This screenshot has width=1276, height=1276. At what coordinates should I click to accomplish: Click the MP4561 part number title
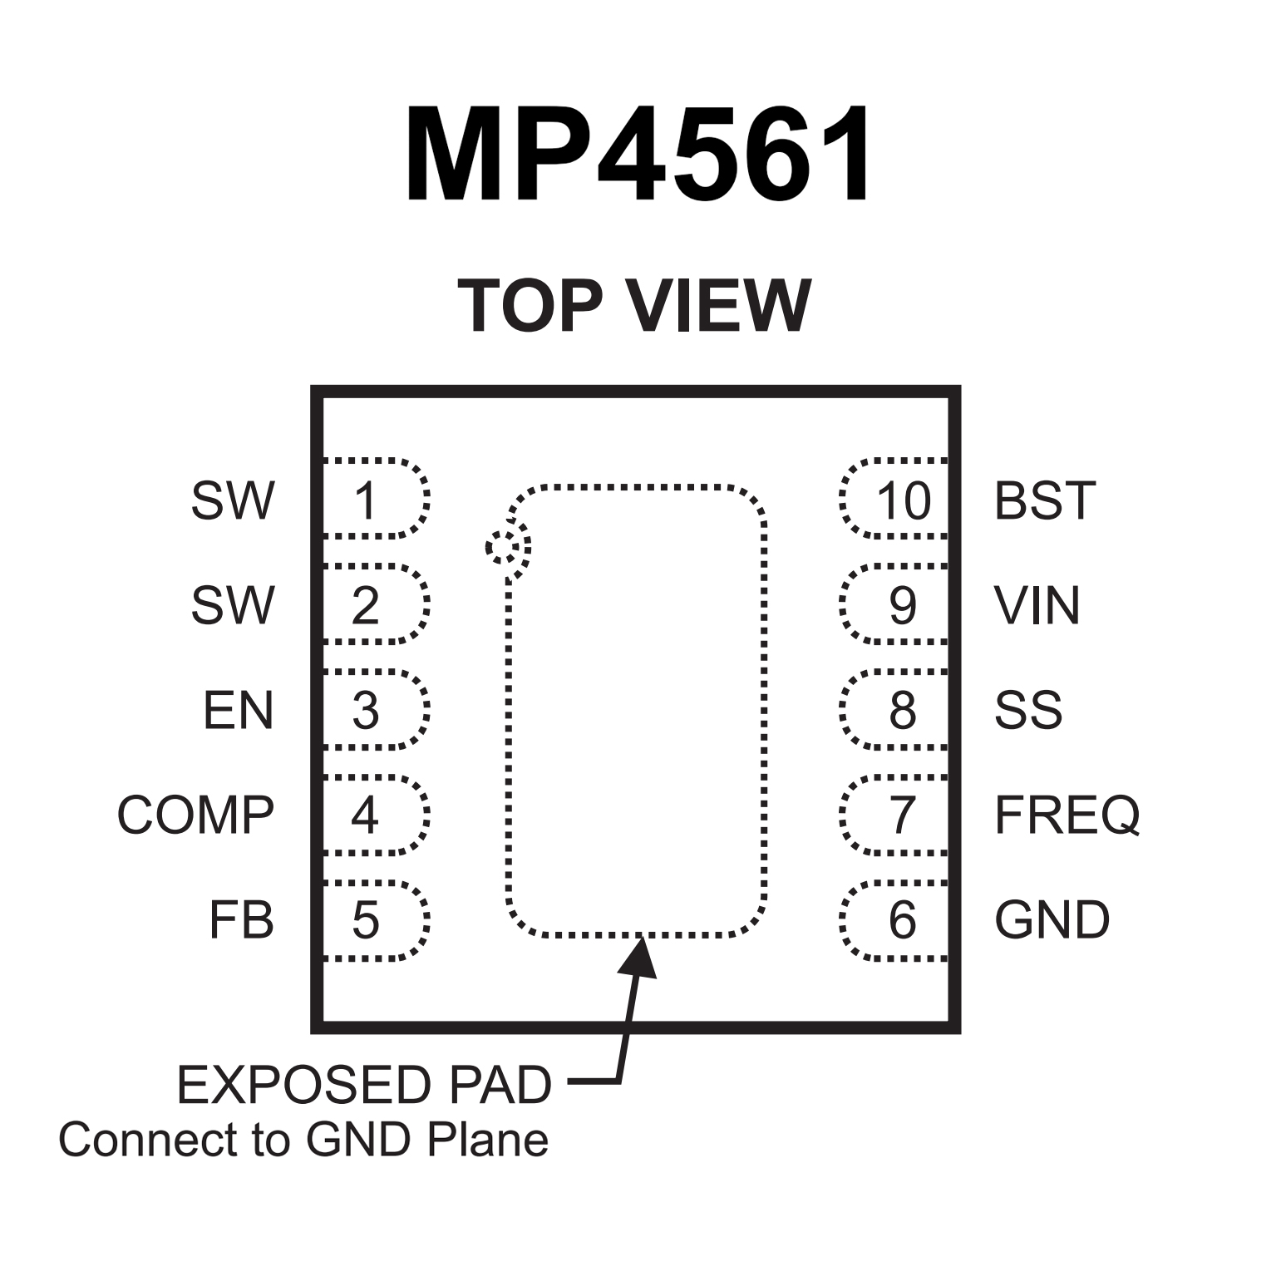tap(638, 155)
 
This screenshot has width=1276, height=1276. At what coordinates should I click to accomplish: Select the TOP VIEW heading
tap(634, 305)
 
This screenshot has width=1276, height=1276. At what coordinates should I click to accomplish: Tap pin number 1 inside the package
tap(366, 500)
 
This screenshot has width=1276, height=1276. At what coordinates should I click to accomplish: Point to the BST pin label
tap(1045, 500)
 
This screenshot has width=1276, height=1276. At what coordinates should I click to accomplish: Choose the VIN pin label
tap(1037, 605)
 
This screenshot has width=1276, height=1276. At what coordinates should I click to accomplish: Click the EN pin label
tap(239, 711)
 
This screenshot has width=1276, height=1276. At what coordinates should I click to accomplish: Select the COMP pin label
tap(195, 815)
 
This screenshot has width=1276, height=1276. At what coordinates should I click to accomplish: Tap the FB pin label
tap(241, 920)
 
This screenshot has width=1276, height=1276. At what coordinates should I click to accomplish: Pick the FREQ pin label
tap(1067, 815)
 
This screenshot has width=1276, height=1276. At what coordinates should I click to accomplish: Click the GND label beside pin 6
tap(1052, 920)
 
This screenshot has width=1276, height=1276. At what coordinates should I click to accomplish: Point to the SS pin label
tap(1028, 711)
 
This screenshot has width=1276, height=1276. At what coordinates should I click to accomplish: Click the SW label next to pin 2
tap(233, 605)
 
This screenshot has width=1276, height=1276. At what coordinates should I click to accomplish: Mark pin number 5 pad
tap(366, 920)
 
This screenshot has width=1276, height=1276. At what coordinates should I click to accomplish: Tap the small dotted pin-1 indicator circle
tap(508, 547)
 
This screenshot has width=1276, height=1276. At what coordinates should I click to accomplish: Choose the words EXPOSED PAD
tap(364, 1085)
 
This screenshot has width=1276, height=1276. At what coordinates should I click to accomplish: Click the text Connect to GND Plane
tap(303, 1140)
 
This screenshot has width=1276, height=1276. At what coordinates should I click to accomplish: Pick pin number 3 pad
tap(366, 711)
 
